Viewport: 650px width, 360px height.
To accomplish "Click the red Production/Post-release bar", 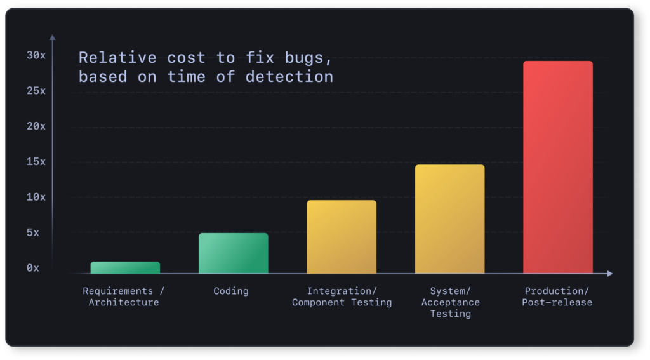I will tap(557, 167).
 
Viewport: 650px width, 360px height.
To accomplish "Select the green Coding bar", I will tap(233, 253).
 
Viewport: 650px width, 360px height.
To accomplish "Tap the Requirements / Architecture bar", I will tap(125, 267).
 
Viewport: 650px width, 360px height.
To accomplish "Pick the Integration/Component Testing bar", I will tap(342, 237).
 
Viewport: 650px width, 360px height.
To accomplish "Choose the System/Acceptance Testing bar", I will tap(449, 219).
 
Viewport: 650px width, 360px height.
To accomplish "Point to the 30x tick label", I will tap(36, 55).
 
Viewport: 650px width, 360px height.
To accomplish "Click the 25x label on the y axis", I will tap(36, 91).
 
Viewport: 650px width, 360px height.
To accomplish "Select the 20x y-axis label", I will tap(36, 126).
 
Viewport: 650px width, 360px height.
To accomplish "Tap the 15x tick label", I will tap(36, 162).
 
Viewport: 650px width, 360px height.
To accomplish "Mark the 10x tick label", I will tap(36, 197).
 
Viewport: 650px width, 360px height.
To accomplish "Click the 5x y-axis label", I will tap(32, 233).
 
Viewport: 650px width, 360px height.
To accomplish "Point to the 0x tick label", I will tap(32, 269).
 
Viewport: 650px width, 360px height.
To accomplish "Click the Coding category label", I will tap(231, 291).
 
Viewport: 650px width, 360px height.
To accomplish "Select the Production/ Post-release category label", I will tap(557, 297).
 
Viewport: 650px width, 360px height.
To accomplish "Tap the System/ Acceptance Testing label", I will tap(450, 302).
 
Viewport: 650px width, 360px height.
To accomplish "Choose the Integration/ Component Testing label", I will tap(342, 297).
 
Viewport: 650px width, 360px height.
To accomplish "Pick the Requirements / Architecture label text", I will tap(124, 297).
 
